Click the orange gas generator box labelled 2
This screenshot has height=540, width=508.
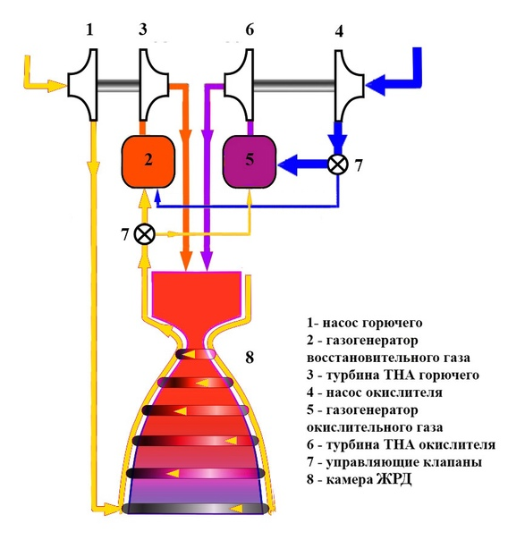click(148, 162)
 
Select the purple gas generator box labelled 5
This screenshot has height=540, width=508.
click(250, 162)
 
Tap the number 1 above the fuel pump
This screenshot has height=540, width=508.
click(89, 30)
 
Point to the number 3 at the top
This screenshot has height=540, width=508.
click(143, 30)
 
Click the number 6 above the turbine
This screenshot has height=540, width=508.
click(250, 30)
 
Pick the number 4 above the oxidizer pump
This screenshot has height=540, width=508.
click(339, 31)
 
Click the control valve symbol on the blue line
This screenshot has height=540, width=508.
click(338, 165)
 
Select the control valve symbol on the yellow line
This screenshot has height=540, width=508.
click(145, 234)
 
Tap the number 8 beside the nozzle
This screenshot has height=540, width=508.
click(250, 358)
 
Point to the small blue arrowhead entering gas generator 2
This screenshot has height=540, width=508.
click(157, 195)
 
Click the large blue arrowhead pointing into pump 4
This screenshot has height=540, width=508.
click(376, 84)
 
